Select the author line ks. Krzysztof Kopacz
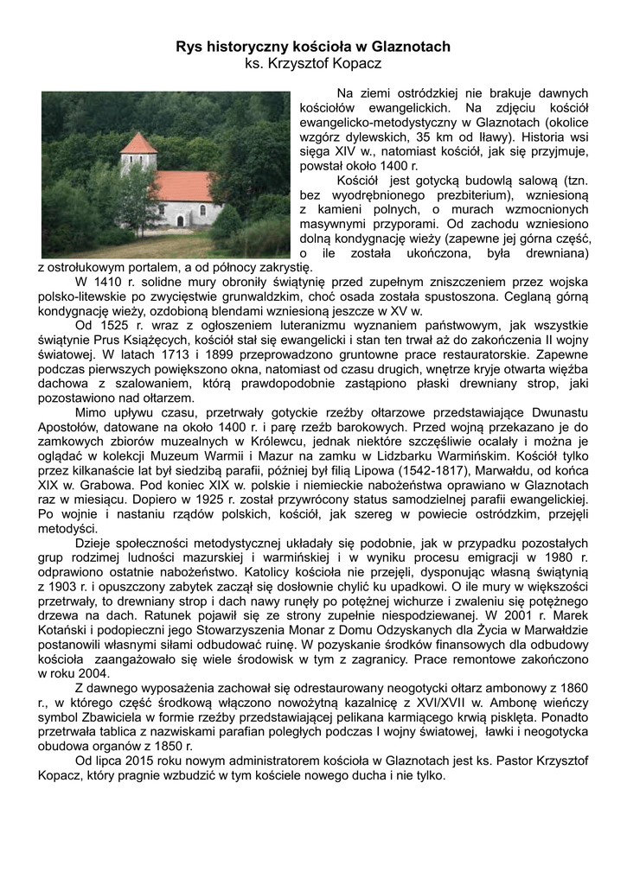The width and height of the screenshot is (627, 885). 313,65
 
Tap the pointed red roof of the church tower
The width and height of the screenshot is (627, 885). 138,143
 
